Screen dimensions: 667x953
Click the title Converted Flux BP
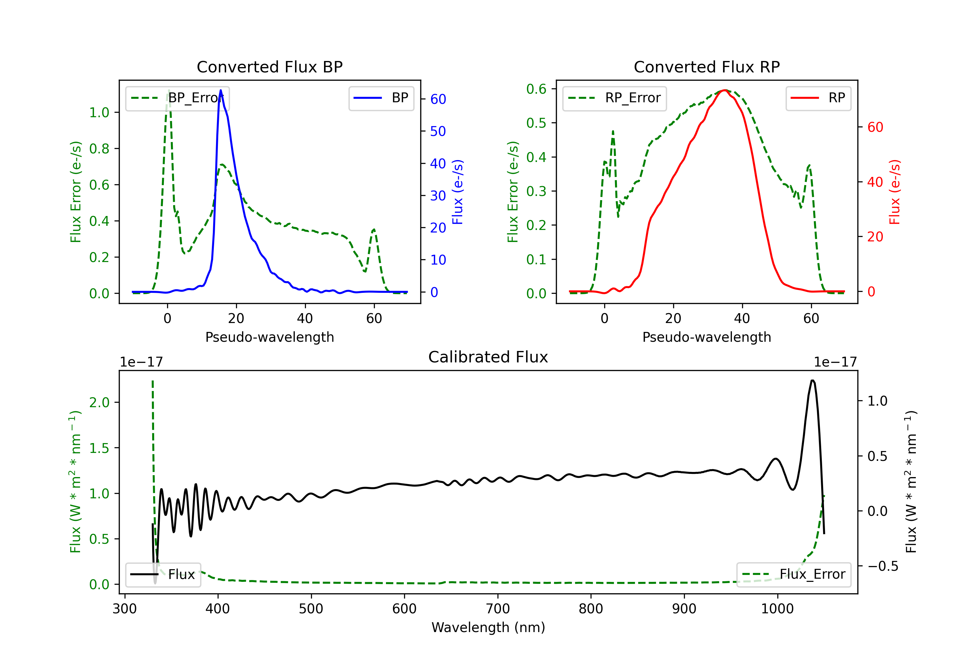(x=269, y=67)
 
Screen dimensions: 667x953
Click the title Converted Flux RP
(x=706, y=67)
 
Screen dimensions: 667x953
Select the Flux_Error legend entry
(x=794, y=575)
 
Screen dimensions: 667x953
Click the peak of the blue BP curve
(x=220, y=90)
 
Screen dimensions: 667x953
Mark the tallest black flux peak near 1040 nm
(x=812, y=380)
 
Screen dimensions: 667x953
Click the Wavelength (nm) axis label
(x=488, y=627)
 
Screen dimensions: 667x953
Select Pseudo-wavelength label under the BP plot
(x=269, y=337)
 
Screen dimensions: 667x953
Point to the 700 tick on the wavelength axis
(x=498, y=609)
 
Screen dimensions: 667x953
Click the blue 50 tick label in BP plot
(x=438, y=131)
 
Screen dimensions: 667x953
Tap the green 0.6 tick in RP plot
(x=536, y=89)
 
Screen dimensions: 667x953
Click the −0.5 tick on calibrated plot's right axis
(x=882, y=566)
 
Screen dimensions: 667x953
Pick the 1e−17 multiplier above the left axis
(x=141, y=362)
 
